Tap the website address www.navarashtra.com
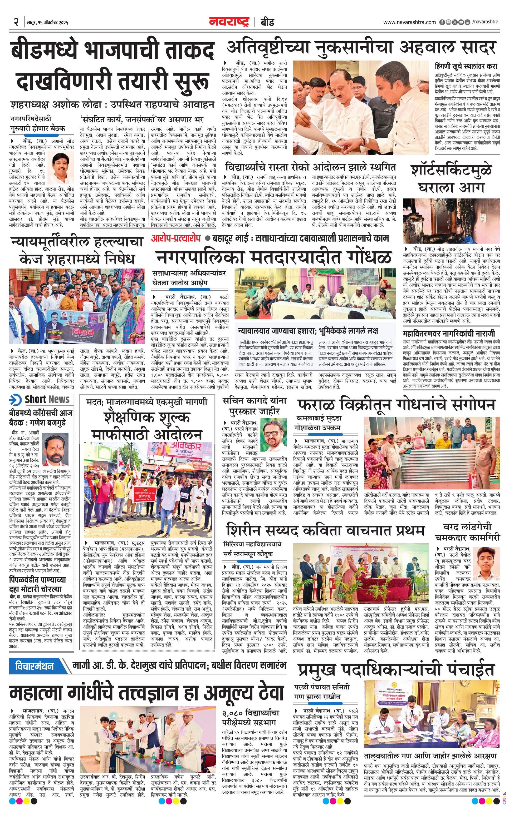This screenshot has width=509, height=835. tap(409, 22)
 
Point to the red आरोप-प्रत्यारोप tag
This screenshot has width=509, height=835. tap(176, 238)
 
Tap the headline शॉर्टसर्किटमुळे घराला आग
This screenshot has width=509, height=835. tap(451, 178)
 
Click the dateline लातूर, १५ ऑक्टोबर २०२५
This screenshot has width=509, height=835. tap(48, 23)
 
